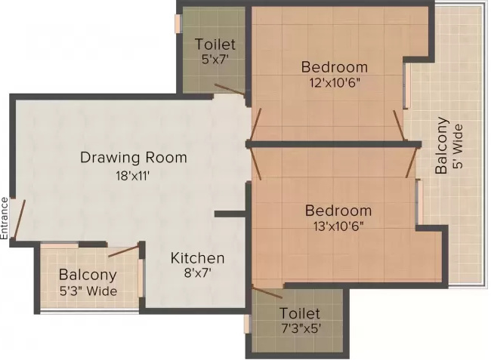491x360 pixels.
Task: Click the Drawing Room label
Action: (x=133, y=158)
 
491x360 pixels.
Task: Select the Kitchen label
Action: (x=196, y=257)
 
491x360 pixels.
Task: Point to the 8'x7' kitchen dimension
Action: (x=196, y=274)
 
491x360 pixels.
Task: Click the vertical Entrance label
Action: (x=5, y=217)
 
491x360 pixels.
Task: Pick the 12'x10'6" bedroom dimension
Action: (x=334, y=83)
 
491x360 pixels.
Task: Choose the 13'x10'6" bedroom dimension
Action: (x=338, y=227)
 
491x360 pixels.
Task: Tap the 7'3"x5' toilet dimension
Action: (x=300, y=329)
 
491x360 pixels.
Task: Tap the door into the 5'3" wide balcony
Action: (x=124, y=251)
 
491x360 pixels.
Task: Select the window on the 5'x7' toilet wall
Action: (x=178, y=23)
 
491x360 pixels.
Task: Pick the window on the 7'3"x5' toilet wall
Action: (x=247, y=324)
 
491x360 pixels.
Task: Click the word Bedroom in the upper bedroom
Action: (x=334, y=66)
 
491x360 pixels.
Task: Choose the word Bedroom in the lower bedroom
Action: (x=338, y=211)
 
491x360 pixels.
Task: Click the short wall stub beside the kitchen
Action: (x=230, y=214)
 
